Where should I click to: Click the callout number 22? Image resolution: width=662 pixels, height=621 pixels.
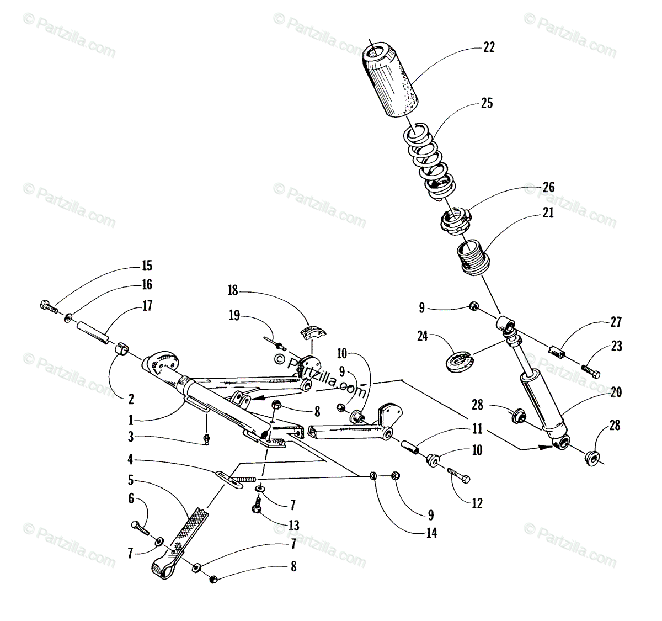(489, 47)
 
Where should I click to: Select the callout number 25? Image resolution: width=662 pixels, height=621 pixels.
(487, 103)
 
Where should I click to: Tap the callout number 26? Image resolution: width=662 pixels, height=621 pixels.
(548, 188)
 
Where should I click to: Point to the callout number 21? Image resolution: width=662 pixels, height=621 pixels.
(548, 213)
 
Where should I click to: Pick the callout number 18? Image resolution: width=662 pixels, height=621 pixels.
(233, 290)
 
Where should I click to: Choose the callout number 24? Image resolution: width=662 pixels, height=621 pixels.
(423, 336)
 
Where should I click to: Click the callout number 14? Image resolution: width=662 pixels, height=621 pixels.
(432, 533)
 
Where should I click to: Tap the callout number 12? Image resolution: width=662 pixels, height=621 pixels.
(477, 503)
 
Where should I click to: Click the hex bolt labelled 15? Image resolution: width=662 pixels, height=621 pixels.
(48, 305)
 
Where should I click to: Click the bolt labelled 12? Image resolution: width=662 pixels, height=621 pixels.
(458, 473)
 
